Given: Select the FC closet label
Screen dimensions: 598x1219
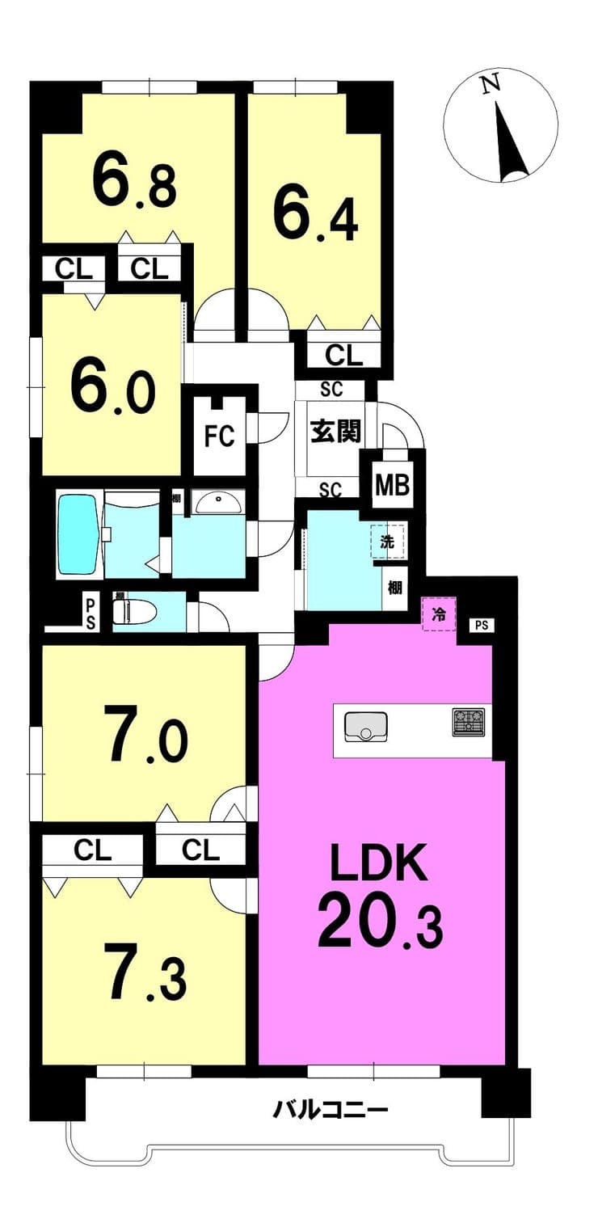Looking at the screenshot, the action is pyautogui.click(x=220, y=436).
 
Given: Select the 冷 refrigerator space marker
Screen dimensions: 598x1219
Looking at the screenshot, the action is pyautogui.click(x=439, y=614).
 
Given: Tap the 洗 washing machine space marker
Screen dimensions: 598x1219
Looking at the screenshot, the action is pyautogui.click(x=387, y=541).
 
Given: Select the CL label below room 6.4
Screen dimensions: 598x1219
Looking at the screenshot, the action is pyautogui.click(x=343, y=356).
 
